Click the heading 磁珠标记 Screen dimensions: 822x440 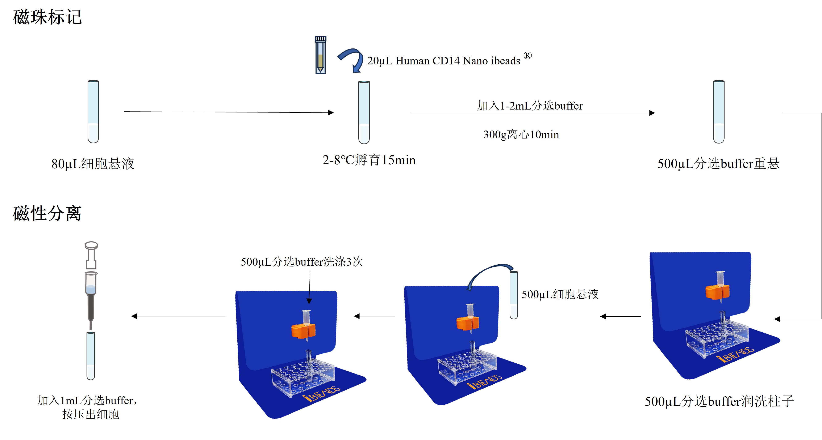click(x=47, y=17)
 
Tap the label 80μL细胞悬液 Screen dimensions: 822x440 click(x=93, y=164)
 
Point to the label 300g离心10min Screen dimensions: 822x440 click(x=521, y=134)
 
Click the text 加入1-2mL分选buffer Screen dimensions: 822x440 click(x=530, y=106)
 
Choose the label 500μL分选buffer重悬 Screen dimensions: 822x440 click(x=718, y=164)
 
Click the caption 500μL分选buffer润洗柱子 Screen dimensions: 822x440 click(x=719, y=401)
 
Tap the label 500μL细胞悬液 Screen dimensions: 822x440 click(x=560, y=294)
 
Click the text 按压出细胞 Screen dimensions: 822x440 click(x=91, y=414)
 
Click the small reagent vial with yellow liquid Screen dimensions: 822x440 click(x=320, y=55)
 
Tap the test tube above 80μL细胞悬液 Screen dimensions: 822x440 click(x=93, y=112)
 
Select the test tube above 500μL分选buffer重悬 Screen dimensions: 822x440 click(x=719, y=112)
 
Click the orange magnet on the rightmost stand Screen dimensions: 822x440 click(x=717, y=292)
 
